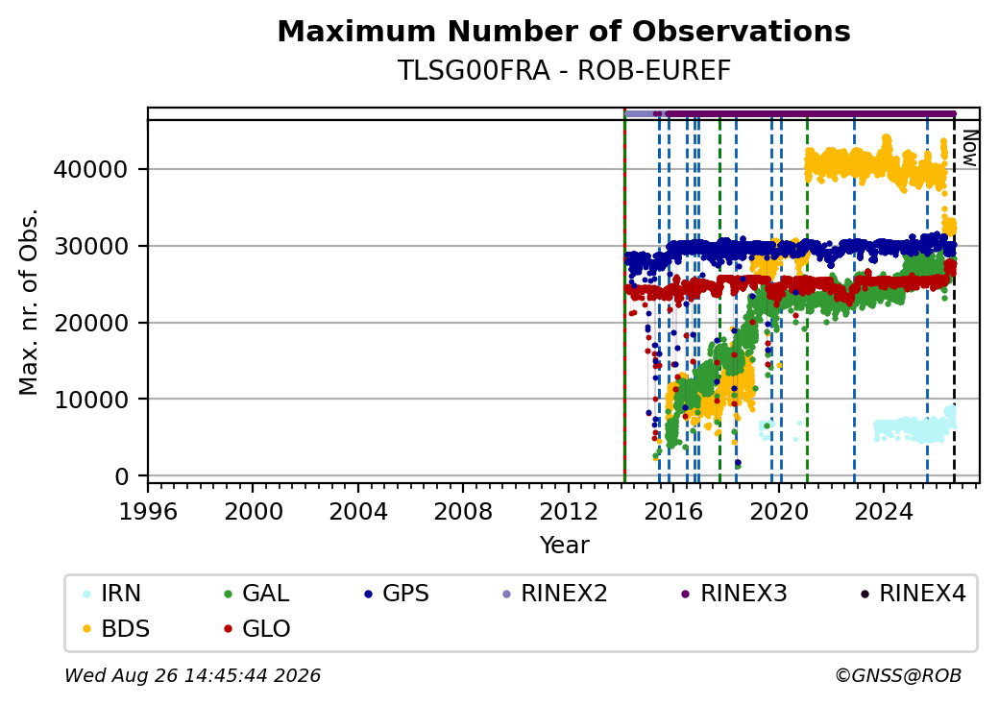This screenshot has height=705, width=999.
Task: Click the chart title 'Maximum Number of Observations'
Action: click(x=564, y=31)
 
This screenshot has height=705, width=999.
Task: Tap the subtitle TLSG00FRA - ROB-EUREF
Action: click(x=564, y=71)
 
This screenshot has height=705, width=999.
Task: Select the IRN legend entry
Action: click(x=112, y=594)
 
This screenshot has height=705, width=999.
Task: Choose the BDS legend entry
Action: click(x=116, y=629)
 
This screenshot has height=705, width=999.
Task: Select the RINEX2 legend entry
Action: click(x=555, y=594)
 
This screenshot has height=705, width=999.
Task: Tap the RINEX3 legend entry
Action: click(x=735, y=594)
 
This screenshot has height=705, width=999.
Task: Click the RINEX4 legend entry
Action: click(x=914, y=594)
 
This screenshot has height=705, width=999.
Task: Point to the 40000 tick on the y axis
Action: click(x=90, y=169)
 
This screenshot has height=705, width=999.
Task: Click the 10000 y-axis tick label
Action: click(x=90, y=400)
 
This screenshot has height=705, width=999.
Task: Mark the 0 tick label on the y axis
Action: click(x=121, y=476)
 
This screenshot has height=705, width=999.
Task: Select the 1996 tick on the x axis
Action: click(x=149, y=511)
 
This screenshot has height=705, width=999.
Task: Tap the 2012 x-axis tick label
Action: click(x=568, y=511)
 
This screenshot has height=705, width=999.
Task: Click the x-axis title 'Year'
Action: click(x=565, y=546)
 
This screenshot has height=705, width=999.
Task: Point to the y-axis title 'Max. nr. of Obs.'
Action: click(x=29, y=302)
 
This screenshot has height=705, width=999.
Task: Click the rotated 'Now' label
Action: click(x=969, y=148)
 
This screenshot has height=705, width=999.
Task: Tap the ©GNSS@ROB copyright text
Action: click(x=898, y=675)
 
